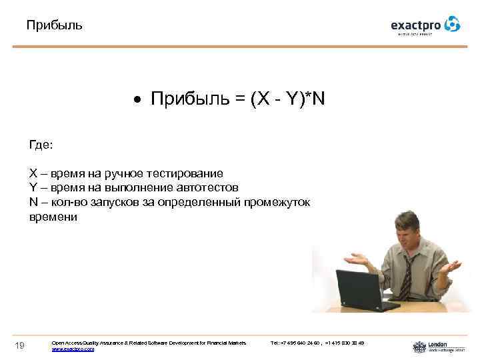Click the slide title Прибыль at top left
[55, 26]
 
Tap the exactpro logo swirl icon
[452, 24]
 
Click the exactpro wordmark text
[416, 26]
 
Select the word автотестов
[206, 188]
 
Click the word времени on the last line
[53, 217]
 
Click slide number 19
[21, 345]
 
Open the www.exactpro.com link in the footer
[73, 349]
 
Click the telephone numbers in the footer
[317, 343]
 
